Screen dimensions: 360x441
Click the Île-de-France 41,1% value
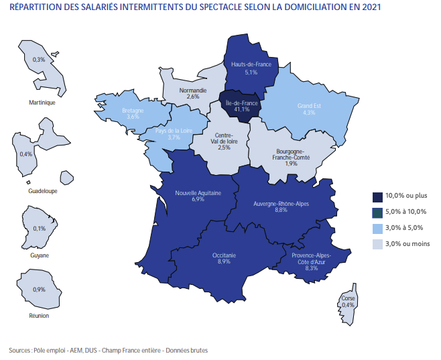tap(240, 109)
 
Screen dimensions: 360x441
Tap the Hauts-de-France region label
tap(251, 64)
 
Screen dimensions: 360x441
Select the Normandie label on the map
tap(193, 90)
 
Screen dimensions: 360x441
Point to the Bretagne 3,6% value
tap(133, 117)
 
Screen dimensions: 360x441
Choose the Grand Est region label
tap(309, 106)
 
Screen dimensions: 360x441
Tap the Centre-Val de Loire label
tap(224, 138)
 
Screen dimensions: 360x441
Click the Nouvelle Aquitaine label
tap(198, 193)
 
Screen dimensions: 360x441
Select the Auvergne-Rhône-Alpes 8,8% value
tap(281, 210)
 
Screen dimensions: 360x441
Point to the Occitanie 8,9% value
tap(224, 261)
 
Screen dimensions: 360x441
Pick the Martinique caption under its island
tap(42, 103)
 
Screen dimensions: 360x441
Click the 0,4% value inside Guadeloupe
tap(26, 154)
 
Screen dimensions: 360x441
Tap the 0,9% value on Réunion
tap(40, 290)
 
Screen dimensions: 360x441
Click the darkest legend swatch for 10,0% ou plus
tap(378, 196)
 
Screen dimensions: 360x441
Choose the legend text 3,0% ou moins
tap(407, 243)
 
